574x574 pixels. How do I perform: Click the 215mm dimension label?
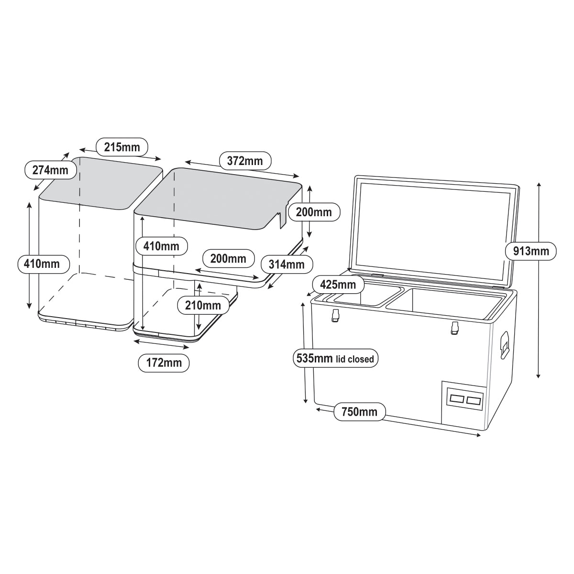[x=122, y=147]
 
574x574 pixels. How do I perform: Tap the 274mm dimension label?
[x=50, y=169]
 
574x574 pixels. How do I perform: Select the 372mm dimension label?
[x=244, y=161]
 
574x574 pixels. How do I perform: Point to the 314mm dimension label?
[x=286, y=263]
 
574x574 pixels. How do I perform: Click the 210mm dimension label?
[x=200, y=304]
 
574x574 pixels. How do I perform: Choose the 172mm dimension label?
[x=163, y=363]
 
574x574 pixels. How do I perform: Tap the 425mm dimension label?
[x=338, y=285]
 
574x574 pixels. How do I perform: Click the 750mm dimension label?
[x=359, y=411]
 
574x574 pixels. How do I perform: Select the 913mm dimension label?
[x=530, y=250]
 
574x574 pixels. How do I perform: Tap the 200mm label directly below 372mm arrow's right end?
[x=314, y=211]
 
